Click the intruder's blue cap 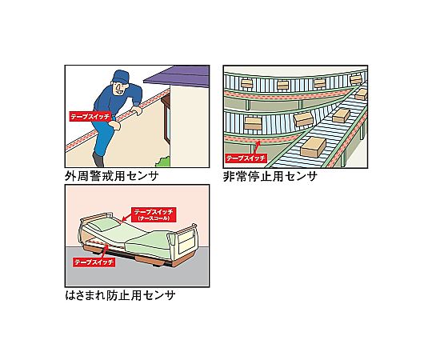(120, 76)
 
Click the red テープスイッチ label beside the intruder (90, 116)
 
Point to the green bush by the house (163, 162)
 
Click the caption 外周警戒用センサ (112, 176)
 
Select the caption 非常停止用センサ (270, 176)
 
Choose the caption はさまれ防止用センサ (120, 295)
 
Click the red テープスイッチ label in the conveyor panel (246, 158)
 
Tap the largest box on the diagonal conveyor (314, 147)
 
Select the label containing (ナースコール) (154, 214)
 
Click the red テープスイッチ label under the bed (94, 262)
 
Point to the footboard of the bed (184, 240)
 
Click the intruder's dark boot (98, 160)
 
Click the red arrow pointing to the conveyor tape (255, 148)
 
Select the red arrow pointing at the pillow (126, 218)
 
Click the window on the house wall (166, 118)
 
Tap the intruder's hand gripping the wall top (137, 110)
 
